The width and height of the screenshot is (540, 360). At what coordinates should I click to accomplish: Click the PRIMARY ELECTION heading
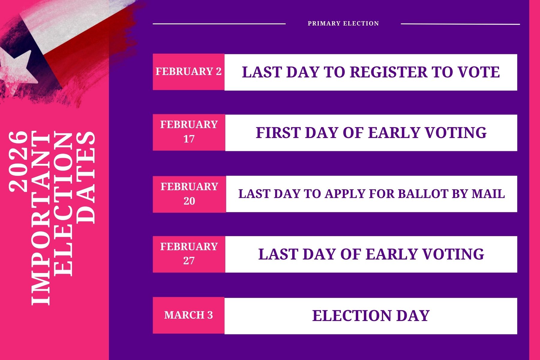(x=343, y=23)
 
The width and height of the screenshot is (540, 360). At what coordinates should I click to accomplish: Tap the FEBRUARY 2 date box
(x=189, y=72)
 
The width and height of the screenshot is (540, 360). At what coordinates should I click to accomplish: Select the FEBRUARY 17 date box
(x=189, y=132)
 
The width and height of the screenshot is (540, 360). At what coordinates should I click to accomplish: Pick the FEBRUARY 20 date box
(x=189, y=194)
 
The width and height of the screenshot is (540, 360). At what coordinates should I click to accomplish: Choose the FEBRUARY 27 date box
(x=189, y=254)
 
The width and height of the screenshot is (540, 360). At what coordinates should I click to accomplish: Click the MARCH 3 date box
(x=189, y=315)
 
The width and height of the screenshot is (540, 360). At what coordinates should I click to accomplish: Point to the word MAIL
(x=488, y=194)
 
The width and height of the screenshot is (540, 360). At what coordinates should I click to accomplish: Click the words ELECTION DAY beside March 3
(x=371, y=316)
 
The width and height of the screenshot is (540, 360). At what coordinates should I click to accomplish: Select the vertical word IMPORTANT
(x=41, y=218)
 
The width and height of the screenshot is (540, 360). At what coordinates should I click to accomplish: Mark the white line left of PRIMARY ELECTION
(x=219, y=24)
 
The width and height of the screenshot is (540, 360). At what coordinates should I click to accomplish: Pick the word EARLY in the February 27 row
(x=391, y=254)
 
